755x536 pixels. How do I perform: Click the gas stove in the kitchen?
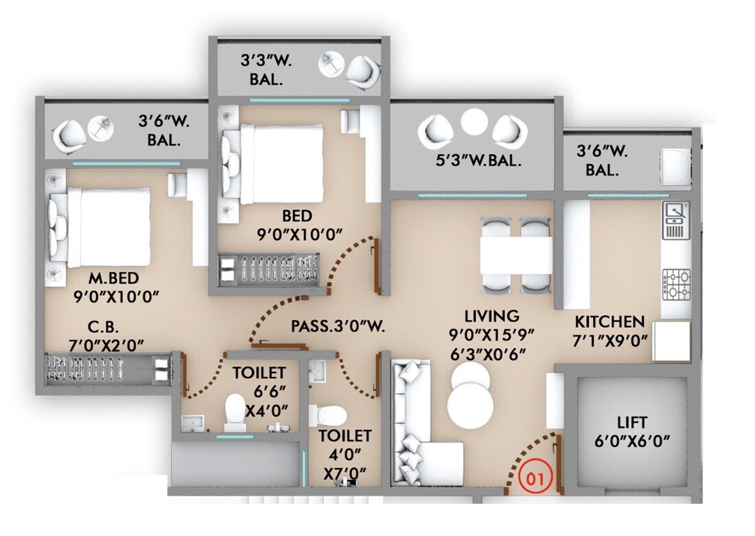pos(676,284)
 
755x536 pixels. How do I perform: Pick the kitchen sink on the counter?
pos(676,220)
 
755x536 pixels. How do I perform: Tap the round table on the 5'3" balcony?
pos(473,123)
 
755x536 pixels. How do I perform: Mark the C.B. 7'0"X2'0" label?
pos(100,335)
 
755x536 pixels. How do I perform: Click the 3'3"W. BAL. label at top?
pos(266,69)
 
